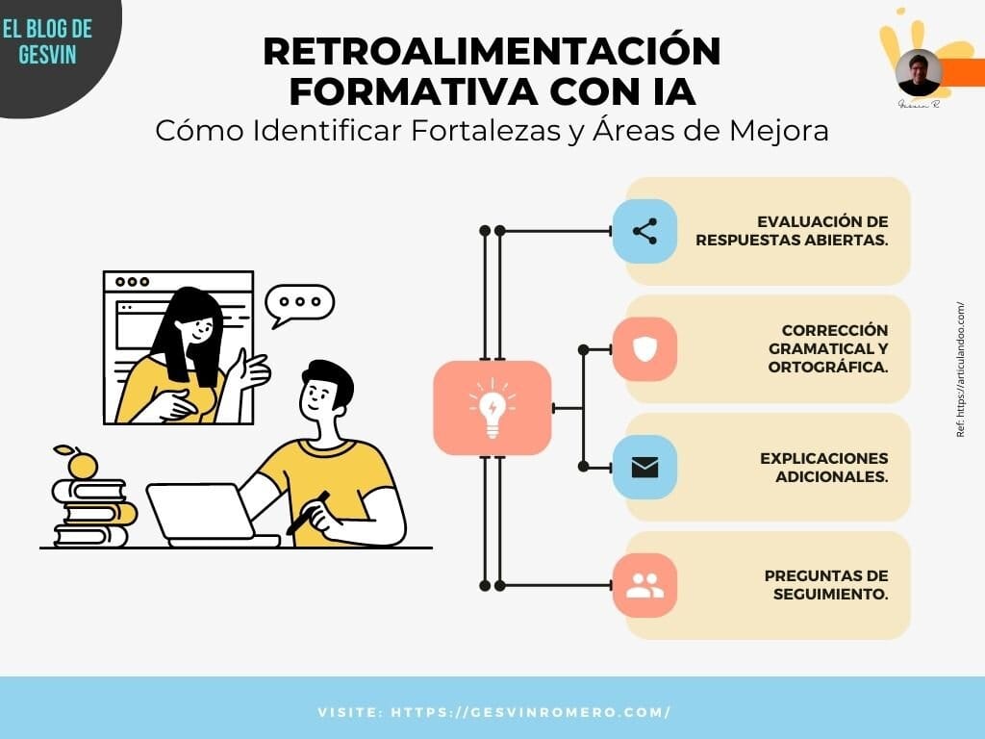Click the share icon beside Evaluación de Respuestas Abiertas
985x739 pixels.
(644, 231)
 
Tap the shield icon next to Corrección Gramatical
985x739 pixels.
(644, 348)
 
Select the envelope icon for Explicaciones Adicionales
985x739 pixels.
(644, 468)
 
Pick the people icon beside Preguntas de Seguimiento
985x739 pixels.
(644, 585)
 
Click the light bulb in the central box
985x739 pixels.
(492, 408)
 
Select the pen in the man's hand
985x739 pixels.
(308, 512)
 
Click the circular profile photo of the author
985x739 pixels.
(919, 73)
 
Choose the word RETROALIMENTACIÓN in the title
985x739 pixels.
(492, 52)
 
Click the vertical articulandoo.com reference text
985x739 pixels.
(961, 370)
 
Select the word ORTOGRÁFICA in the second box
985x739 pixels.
(827, 367)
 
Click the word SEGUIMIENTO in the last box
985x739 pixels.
(830, 594)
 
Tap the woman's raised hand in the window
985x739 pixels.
(251, 370)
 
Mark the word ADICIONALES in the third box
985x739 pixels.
(831, 477)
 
